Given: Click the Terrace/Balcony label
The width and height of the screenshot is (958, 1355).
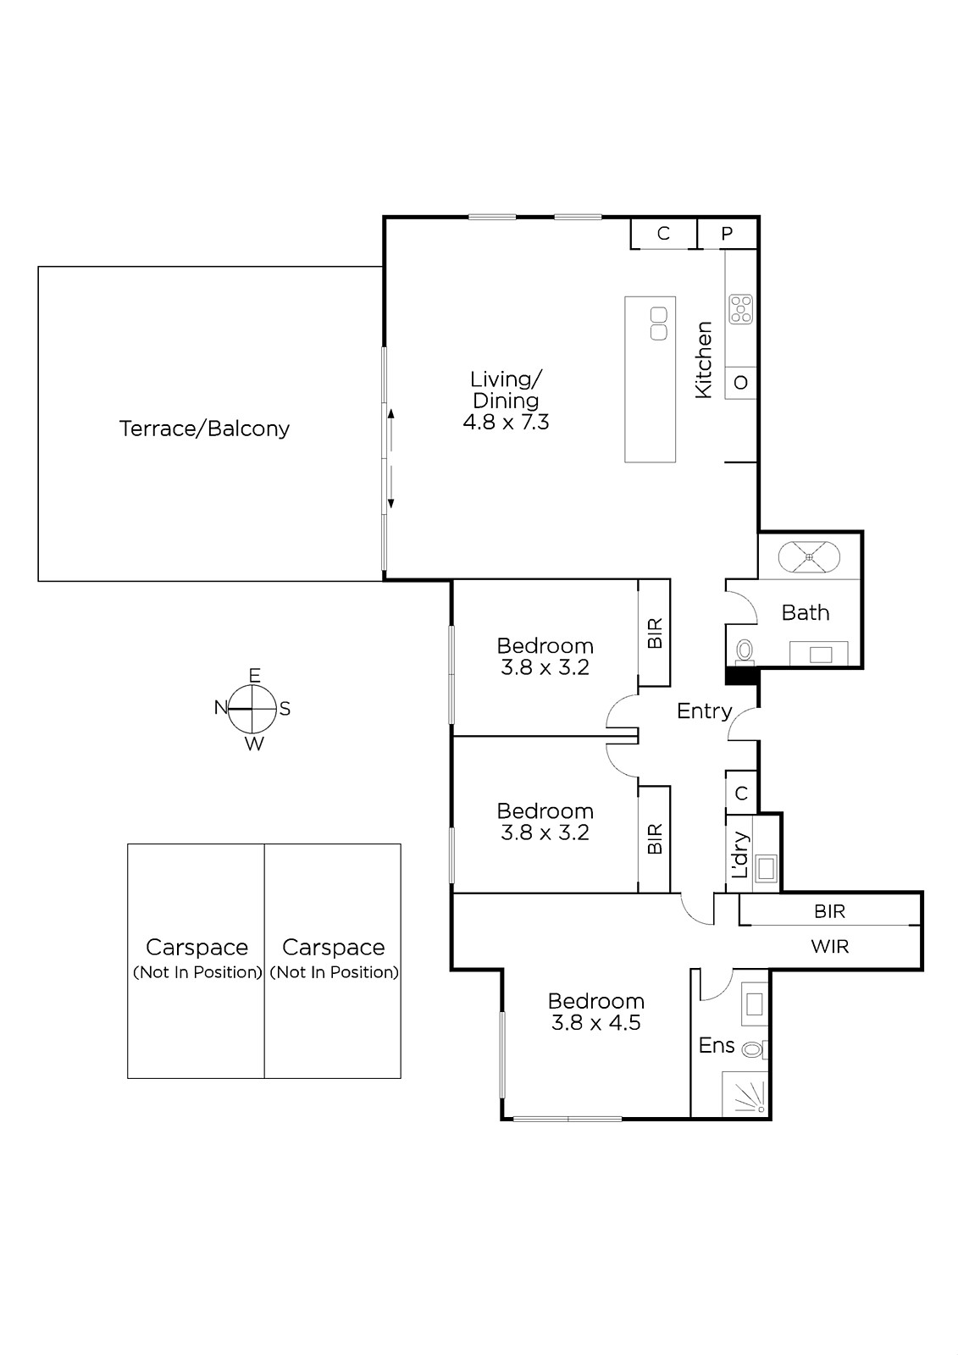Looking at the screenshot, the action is (x=204, y=429).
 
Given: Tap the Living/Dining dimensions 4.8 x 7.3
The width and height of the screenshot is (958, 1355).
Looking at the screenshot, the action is (x=506, y=422).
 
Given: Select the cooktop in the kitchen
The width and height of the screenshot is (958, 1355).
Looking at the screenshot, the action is (x=741, y=309).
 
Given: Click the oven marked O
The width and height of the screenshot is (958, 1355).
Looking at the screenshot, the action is (x=741, y=382).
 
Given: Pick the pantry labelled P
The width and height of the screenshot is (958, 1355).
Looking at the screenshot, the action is (x=727, y=234).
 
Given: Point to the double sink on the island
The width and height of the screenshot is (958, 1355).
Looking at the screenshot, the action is (x=659, y=324).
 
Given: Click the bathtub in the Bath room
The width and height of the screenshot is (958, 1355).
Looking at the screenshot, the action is (x=809, y=556).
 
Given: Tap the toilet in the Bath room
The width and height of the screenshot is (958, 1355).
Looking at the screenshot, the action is (x=744, y=651).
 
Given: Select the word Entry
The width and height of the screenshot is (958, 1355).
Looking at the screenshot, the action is (x=705, y=711).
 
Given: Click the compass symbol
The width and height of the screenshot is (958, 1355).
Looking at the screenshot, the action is (x=252, y=708).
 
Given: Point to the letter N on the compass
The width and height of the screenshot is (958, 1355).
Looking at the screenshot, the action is (x=221, y=707).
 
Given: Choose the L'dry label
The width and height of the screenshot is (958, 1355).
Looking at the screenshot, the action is (x=740, y=854).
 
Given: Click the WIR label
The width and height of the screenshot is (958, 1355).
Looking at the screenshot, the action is (x=830, y=947).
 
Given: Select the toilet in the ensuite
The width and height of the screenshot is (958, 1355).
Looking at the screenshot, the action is (x=755, y=1049).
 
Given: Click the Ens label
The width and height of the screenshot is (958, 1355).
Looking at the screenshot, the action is (x=717, y=1045).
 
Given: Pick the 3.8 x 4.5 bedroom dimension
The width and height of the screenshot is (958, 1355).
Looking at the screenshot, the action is (x=596, y=1022).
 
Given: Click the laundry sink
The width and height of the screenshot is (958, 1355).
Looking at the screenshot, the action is (x=767, y=869).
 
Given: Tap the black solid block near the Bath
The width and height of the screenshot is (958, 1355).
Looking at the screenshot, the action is (x=742, y=675).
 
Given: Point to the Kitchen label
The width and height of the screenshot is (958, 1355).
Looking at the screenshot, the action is (x=703, y=360).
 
